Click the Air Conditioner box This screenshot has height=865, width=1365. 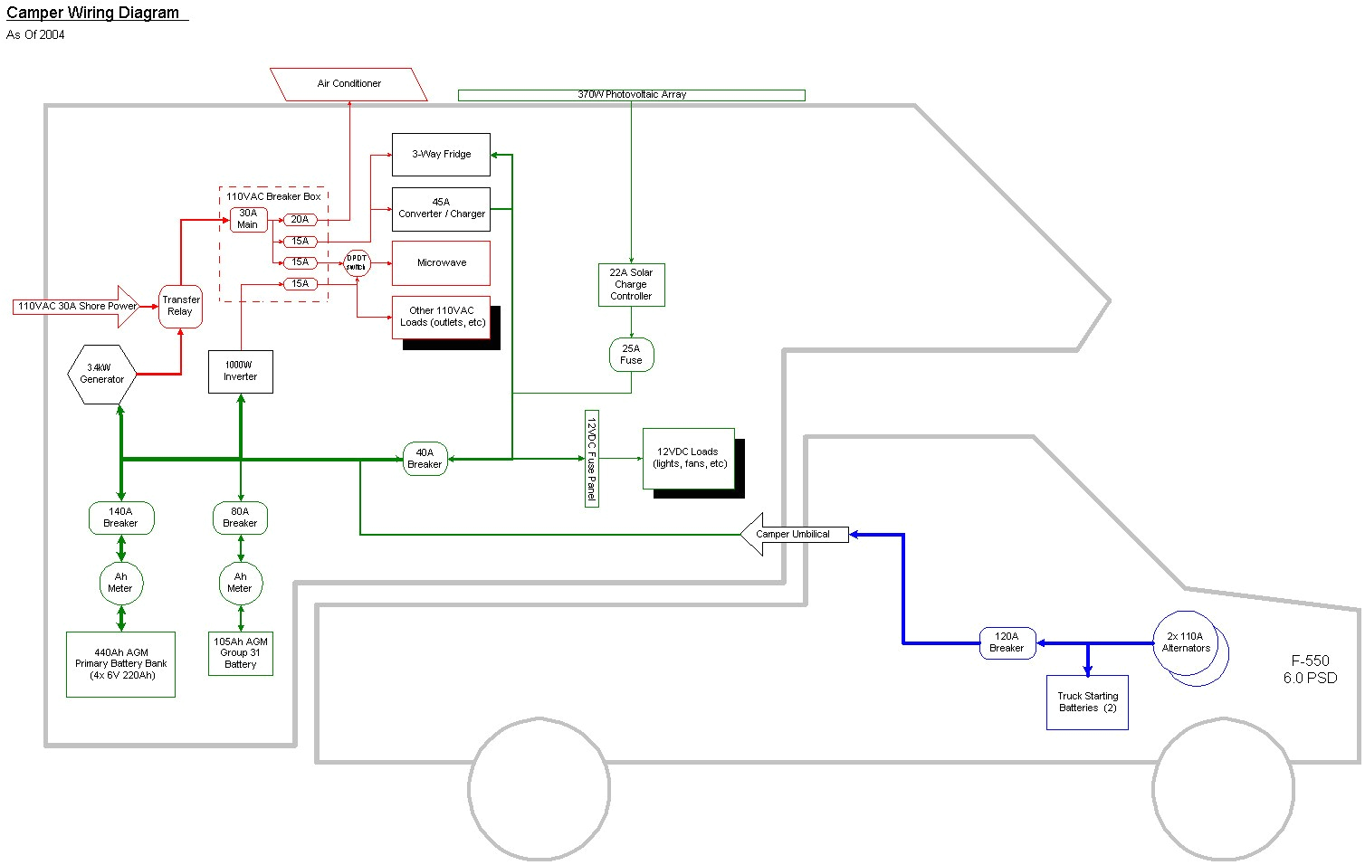(348, 84)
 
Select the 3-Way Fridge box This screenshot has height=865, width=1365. (441, 155)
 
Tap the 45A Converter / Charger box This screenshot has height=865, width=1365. (441, 209)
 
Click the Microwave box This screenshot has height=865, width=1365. (441, 263)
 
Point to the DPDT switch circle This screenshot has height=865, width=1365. (357, 263)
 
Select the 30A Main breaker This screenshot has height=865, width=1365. (248, 220)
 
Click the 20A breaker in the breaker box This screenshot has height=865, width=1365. (300, 220)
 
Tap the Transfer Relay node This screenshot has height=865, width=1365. (180, 306)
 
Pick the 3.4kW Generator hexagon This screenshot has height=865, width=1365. (102, 374)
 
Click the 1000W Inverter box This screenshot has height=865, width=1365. (240, 371)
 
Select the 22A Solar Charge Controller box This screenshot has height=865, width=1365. (631, 285)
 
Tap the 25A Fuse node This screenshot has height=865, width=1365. (631, 355)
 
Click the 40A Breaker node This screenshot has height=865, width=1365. (425, 459)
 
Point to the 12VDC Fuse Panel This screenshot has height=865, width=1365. (591, 459)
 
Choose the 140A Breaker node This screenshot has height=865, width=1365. (120, 518)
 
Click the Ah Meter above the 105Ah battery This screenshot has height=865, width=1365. (240, 583)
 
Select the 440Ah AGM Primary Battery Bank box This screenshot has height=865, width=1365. (120, 664)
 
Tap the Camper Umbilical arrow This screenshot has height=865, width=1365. (793, 535)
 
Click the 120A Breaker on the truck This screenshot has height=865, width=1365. (1007, 642)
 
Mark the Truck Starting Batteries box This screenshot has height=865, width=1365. (1087, 702)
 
